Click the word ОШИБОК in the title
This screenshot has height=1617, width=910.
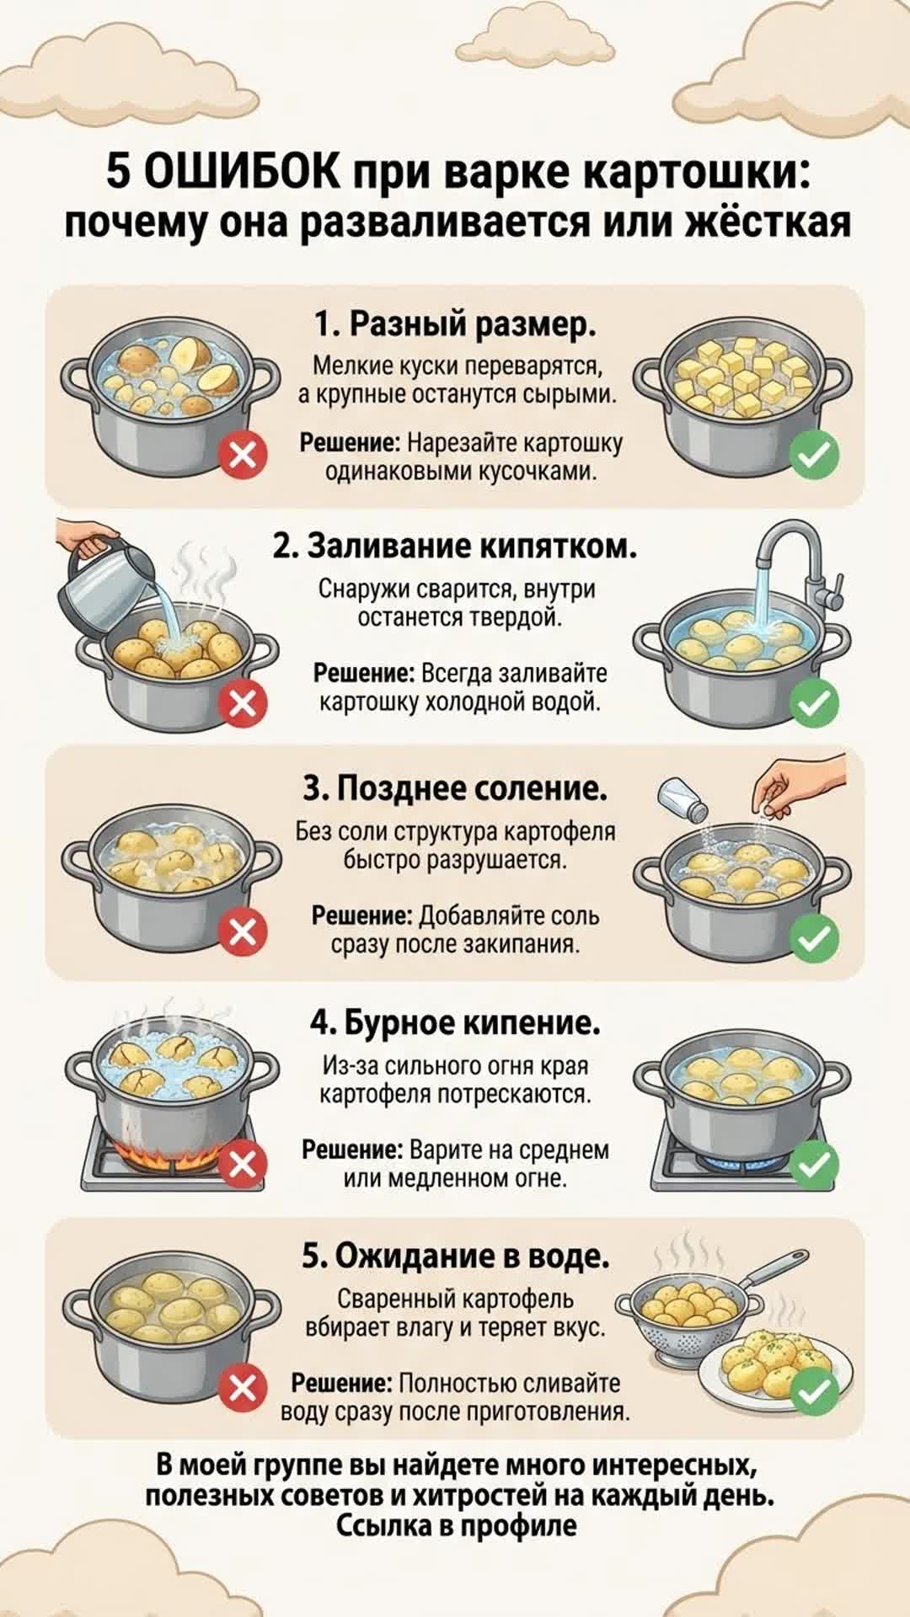(243, 173)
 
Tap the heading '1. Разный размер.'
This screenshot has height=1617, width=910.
(455, 323)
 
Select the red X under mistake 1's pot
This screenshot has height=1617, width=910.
(243, 456)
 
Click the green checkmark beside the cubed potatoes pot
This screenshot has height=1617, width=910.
(814, 456)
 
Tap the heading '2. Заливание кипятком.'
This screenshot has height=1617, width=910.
(455, 546)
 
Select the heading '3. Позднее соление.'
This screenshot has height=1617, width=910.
(455, 788)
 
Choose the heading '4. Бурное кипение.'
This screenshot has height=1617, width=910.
(455, 1022)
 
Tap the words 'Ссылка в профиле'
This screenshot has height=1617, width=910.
(457, 1525)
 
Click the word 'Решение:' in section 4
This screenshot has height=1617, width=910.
(352, 1150)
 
